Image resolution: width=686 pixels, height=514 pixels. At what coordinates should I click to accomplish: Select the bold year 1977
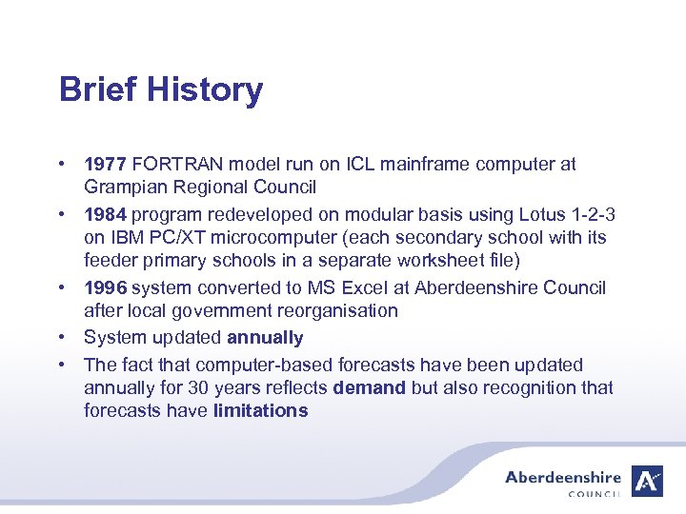104,165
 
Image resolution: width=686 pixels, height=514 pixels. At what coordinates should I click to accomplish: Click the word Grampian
121,187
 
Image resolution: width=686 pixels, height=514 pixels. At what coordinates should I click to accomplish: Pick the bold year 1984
104,214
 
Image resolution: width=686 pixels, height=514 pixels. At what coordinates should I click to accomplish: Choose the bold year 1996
104,287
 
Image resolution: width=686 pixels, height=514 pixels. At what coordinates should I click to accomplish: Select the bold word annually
265,338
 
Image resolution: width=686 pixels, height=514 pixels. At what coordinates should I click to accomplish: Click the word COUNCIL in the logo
594,494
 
